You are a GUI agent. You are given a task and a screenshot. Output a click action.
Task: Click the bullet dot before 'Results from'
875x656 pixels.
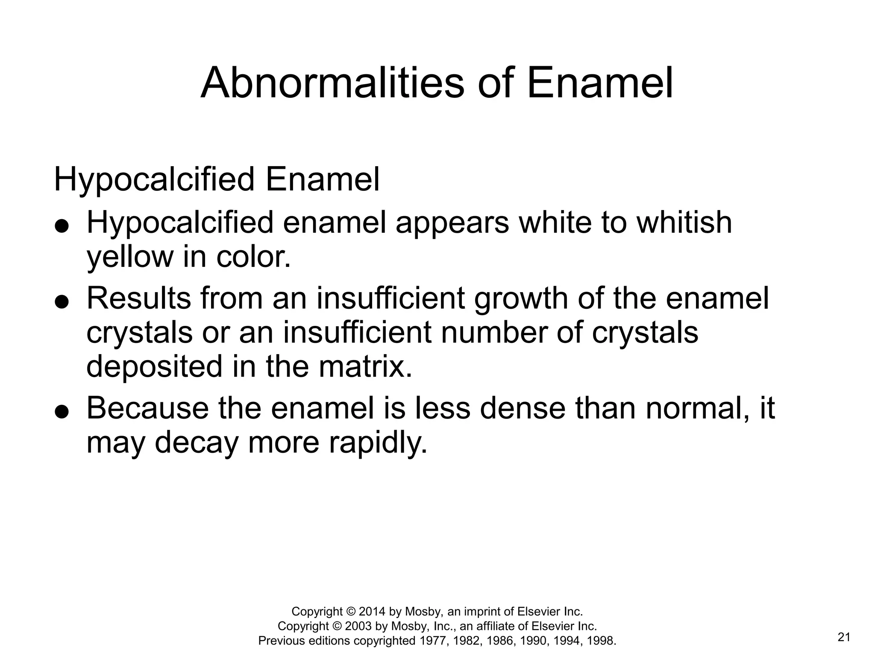point(62,302)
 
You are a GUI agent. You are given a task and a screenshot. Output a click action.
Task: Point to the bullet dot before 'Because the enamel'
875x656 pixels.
point(62,412)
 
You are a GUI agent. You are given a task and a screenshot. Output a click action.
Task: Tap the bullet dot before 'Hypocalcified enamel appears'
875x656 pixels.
point(62,226)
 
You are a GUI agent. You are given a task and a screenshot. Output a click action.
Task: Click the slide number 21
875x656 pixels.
point(844,638)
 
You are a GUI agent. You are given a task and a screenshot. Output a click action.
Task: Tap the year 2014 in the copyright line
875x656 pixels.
point(372,612)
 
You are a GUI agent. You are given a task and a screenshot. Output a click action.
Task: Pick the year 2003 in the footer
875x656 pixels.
point(358,626)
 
